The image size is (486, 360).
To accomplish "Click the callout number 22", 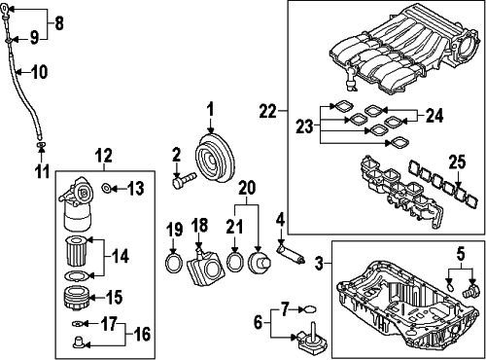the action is [268, 111].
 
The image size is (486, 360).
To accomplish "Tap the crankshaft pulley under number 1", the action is [214, 158].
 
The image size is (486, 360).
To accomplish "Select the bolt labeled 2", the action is [184, 180].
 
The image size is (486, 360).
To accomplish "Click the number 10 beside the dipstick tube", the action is [40, 72].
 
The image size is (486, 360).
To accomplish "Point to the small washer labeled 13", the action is [106, 188].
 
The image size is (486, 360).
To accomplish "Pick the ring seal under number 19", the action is [174, 264].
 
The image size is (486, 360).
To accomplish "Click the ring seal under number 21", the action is [235, 262].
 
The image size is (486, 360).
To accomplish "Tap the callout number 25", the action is [457, 162].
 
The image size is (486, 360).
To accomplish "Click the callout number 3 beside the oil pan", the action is [320, 263].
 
